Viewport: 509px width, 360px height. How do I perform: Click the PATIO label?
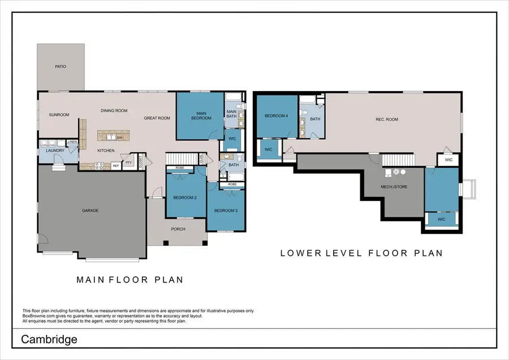click(x=61, y=67)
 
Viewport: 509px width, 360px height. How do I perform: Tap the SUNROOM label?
click(x=59, y=115)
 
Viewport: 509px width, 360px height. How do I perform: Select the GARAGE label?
click(x=90, y=211)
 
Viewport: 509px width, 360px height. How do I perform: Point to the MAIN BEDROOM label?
click(x=200, y=115)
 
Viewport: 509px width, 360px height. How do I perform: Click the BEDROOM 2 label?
click(x=185, y=198)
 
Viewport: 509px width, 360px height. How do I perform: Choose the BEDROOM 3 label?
click(x=226, y=211)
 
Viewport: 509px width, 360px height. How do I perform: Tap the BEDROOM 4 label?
click(x=277, y=117)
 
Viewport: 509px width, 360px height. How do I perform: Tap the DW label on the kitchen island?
click(x=119, y=137)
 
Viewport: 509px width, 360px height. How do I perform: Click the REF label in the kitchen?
click(x=115, y=166)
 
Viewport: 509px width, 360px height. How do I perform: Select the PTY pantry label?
click(x=129, y=162)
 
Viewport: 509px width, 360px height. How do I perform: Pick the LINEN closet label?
click(x=72, y=142)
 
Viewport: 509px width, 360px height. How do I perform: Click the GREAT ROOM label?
click(x=157, y=118)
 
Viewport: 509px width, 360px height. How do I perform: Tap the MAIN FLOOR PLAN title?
click(x=130, y=280)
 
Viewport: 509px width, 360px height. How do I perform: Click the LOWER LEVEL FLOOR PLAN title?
click(x=361, y=253)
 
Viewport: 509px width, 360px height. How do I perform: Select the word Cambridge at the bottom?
click(x=49, y=340)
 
